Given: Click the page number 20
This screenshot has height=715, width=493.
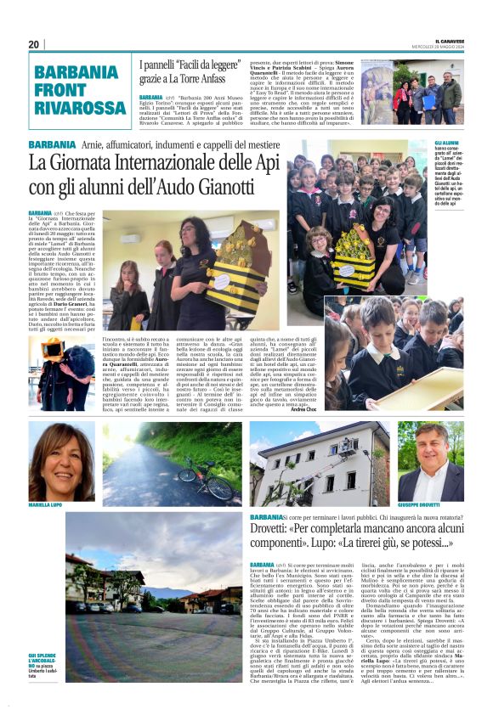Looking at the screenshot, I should [x=34, y=44].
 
